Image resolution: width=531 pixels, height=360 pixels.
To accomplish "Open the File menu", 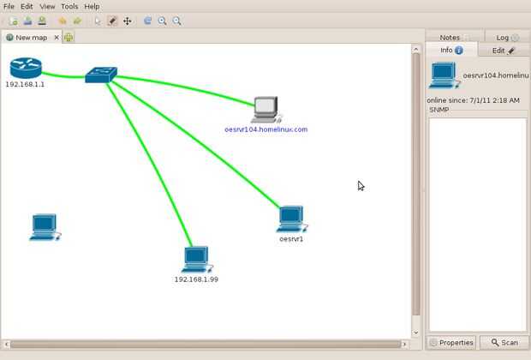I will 9,6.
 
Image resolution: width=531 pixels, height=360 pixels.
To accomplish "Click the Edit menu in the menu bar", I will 27,6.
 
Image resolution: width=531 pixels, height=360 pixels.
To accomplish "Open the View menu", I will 47,6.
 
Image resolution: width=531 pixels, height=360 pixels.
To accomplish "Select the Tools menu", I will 69,6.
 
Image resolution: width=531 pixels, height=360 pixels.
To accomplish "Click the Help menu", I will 92,6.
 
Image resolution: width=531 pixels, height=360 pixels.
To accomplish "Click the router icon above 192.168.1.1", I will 26,67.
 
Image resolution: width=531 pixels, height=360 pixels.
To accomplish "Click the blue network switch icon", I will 100,75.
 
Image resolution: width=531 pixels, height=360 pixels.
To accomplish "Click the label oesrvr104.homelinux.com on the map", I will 265,129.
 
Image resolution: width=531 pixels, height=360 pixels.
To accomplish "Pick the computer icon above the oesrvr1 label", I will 291,219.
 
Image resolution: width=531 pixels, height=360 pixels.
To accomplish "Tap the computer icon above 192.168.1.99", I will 196,259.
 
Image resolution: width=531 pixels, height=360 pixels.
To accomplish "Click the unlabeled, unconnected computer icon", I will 45,227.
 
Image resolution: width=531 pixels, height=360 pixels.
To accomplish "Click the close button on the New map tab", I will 57,37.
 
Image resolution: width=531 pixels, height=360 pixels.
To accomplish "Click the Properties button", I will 451,343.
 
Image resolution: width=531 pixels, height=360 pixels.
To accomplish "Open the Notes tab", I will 450,38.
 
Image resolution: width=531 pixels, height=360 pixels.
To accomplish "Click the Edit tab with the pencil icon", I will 503,51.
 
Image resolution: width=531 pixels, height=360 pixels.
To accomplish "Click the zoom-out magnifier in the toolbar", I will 177,21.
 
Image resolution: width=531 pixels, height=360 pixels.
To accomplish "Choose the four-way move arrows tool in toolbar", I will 128,21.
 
